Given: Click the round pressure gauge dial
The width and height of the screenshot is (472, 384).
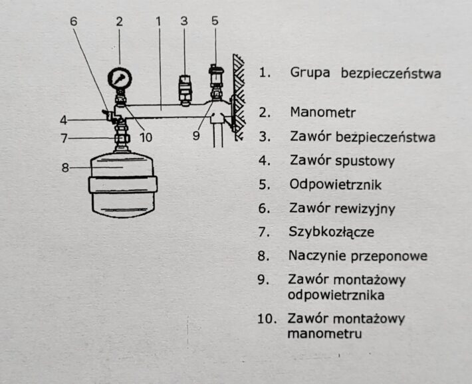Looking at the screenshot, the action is [120, 78].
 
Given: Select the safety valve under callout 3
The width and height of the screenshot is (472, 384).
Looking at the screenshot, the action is [185, 90].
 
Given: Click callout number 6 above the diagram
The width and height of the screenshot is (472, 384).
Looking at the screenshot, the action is [74, 21].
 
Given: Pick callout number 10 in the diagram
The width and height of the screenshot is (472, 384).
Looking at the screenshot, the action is [146, 138].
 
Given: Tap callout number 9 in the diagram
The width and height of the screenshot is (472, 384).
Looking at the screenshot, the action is [196, 136].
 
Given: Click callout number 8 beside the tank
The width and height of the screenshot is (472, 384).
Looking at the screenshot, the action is [65, 167].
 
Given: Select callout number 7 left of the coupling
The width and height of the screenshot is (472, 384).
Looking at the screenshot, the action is [64, 138].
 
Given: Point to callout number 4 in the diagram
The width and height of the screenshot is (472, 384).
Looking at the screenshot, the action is [64, 120].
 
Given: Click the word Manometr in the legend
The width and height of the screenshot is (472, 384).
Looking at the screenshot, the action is [322, 112].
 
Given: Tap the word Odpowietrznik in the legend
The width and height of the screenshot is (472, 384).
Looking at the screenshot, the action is [335, 185].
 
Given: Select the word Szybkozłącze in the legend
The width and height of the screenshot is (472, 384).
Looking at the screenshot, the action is [331, 232].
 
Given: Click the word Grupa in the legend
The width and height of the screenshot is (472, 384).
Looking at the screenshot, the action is [310, 73].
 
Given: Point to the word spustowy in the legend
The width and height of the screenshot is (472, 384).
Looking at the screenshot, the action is [364, 161].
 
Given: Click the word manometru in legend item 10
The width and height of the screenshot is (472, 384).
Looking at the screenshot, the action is [324, 334].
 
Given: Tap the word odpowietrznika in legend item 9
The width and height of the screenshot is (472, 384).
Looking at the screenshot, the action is [336, 295].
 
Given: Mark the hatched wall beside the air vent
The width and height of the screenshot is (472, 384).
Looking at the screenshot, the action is [239, 97].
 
